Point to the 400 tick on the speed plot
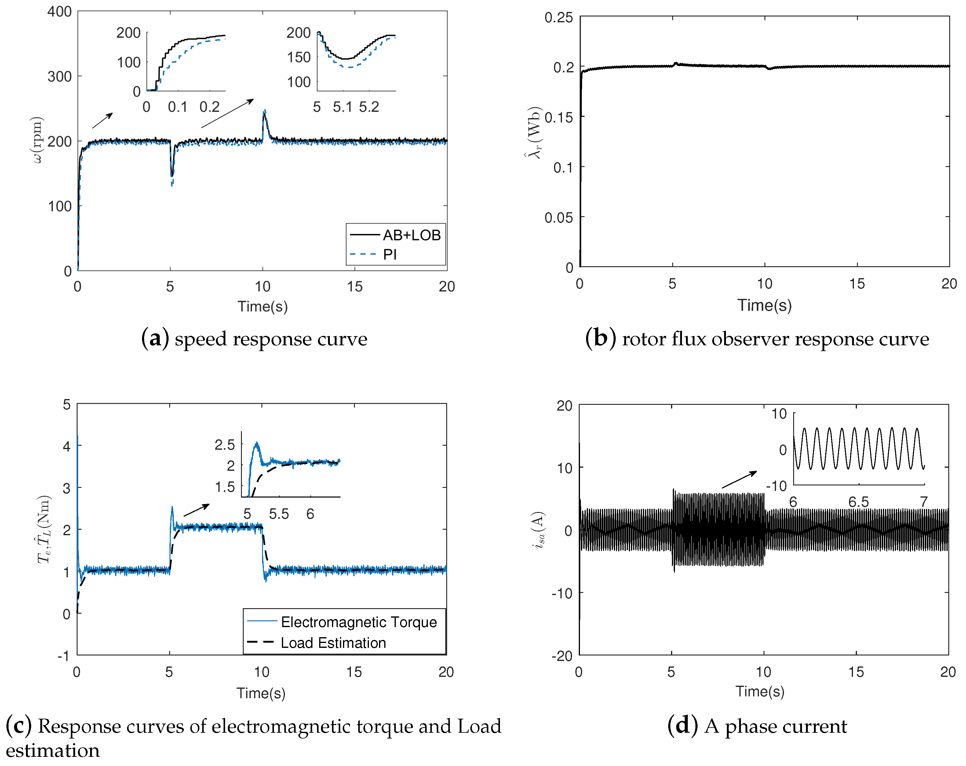[x=60, y=12]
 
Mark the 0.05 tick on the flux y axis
[x=558, y=218]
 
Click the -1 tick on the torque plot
[x=63, y=656]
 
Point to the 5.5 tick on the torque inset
[x=279, y=514]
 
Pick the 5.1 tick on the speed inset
[x=342, y=107]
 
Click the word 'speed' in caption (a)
[x=201, y=339]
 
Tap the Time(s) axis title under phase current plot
[x=760, y=691]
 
